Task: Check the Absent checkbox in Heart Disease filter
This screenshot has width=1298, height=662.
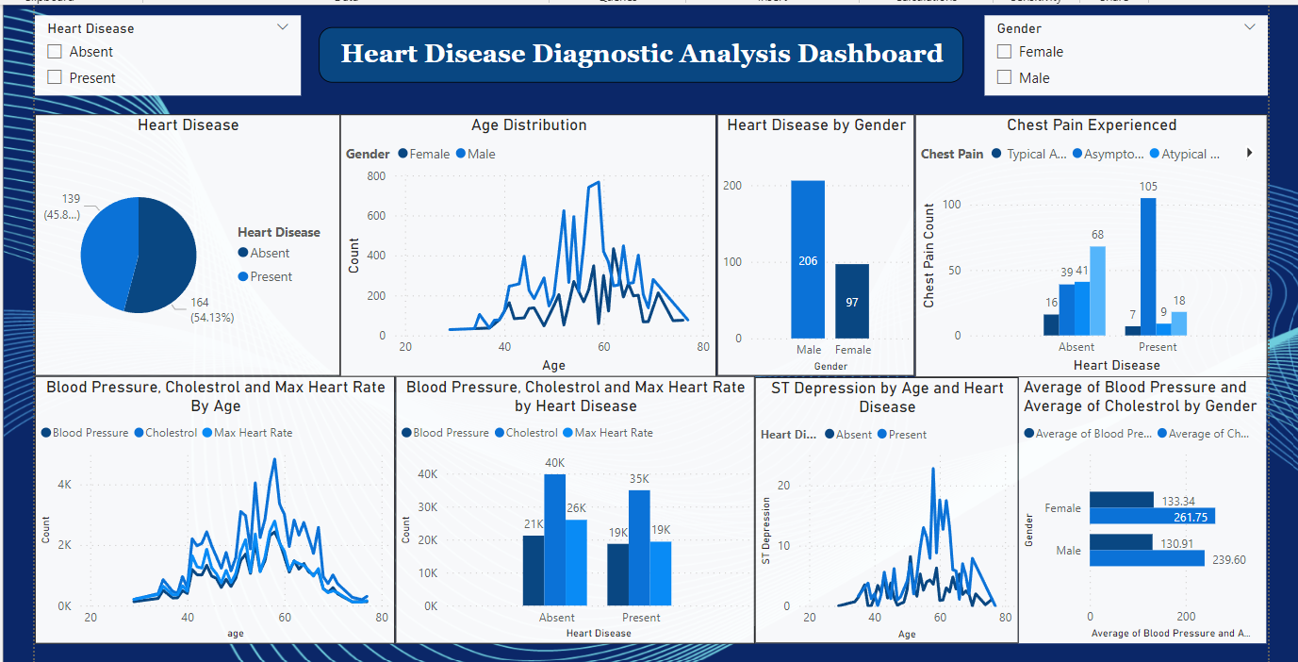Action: (x=55, y=52)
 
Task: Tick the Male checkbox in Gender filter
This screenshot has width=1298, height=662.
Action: (x=1005, y=77)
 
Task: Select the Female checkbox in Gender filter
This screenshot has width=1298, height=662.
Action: (x=1005, y=52)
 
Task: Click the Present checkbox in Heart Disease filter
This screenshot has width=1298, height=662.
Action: (x=55, y=77)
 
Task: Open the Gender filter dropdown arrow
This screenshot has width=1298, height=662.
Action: (x=1250, y=27)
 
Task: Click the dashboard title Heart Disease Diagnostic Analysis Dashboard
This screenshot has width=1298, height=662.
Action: (x=641, y=54)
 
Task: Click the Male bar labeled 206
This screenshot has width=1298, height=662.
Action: (x=808, y=259)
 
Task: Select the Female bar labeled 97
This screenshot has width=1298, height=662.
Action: (x=852, y=301)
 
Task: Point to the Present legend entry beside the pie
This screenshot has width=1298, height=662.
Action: (x=270, y=276)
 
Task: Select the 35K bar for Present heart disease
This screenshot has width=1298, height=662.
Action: (x=639, y=547)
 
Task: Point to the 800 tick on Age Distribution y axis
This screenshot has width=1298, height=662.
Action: (x=375, y=175)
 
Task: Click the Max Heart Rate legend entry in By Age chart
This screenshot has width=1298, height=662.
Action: (x=253, y=433)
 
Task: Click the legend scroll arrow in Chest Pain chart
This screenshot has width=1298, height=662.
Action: (x=1250, y=153)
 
